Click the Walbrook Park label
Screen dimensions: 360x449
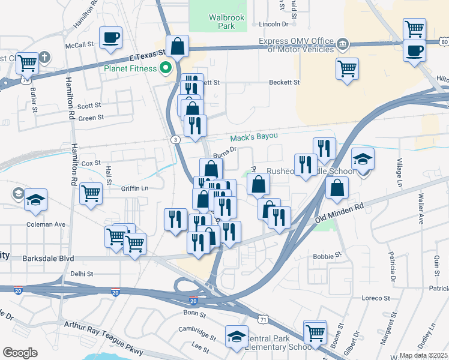pyautogui.click(x=226, y=22)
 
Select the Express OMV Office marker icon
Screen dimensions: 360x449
pyautogui.click(x=343, y=44)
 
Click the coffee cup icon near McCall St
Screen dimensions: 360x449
pyautogui.click(x=110, y=38)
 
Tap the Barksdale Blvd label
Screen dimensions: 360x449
pyautogui.click(x=47, y=259)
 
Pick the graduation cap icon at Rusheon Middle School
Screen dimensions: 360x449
pyautogui.click(x=363, y=159)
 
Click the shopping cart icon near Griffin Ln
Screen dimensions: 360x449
pyautogui.click(x=91, y=193)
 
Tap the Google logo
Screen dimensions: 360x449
pyautogui.click(x=20, y=353)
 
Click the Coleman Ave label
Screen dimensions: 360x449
pyautogui.click(x=46, y=224)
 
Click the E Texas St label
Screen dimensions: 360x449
pyautogui.click(x=147, y=56)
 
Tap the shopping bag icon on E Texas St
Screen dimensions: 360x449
pyautogui.click(x=178, y=46)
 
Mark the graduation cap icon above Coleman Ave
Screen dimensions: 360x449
pyautogui.click(x=35, y=200)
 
